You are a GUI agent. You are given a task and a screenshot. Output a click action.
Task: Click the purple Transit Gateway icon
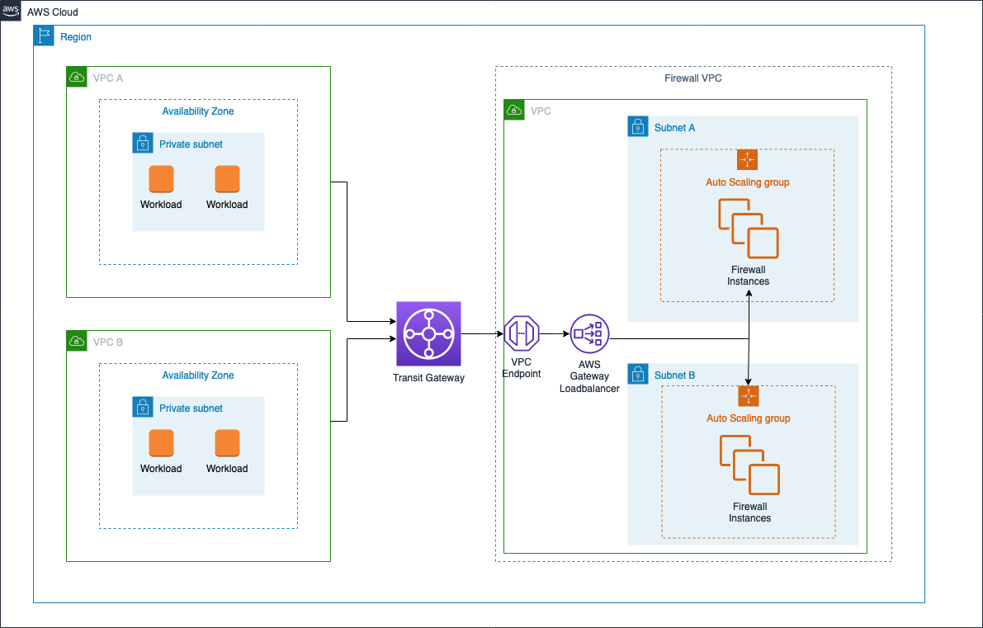(428, 333)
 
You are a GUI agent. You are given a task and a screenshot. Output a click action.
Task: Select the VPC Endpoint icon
(522, 333)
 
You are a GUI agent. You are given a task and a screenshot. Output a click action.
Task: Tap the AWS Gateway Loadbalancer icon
(588, 333)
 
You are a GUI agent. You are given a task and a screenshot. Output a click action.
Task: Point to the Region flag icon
(44, 36)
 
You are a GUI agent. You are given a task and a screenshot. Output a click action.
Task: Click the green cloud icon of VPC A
(77, 78)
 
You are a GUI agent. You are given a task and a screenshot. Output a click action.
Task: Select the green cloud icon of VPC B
(77, 342)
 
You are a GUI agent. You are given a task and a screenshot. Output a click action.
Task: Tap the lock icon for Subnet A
(638, 127)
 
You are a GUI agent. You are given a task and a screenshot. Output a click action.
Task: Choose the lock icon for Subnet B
(638, 375)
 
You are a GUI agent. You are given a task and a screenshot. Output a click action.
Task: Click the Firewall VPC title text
(693, 78)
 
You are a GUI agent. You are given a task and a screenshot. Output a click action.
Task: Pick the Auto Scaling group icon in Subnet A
(747, 159)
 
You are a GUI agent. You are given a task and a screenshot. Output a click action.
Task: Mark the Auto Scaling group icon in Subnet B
(748, 396)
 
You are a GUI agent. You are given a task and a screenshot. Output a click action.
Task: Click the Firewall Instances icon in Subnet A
(748, 228)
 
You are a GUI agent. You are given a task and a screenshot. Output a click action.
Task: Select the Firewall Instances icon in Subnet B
(749, 464)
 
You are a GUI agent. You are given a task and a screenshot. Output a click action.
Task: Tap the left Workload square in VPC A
(161, 179)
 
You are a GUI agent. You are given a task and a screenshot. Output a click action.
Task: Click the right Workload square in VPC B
(227, 443)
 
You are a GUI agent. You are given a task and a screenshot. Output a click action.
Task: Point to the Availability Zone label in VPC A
(198, 111)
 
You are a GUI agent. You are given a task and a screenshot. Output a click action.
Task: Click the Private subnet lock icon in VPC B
(143, 408)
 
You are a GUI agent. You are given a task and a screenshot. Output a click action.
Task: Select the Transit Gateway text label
(428, 378)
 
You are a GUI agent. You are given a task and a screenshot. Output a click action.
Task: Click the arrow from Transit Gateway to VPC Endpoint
(482, 333)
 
